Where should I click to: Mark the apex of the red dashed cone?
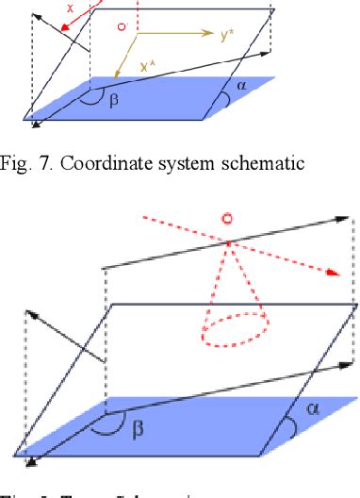click(226, 245)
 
